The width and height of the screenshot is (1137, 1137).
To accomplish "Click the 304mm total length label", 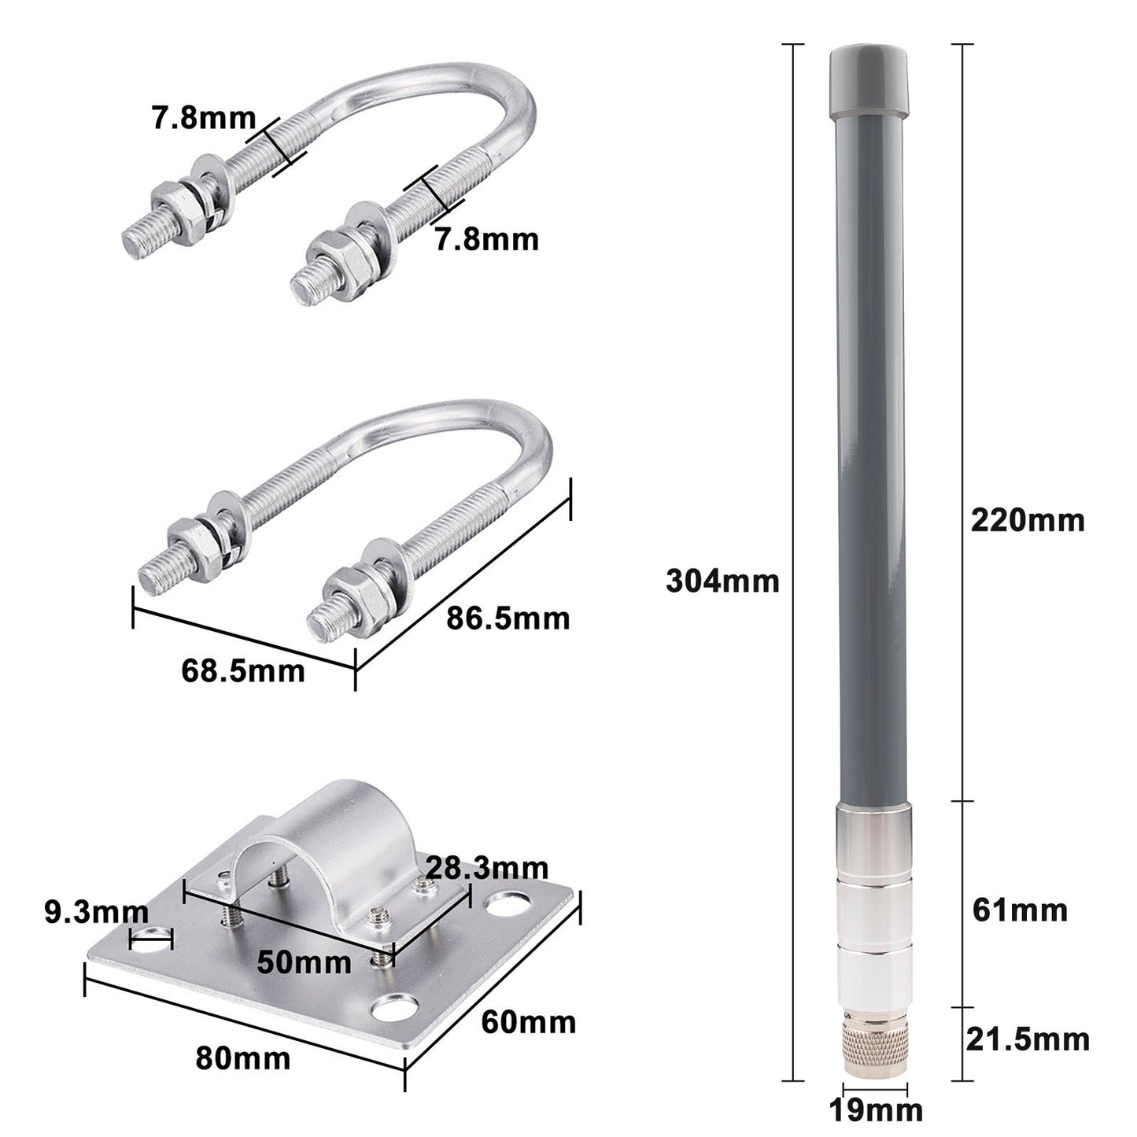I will point(722,581).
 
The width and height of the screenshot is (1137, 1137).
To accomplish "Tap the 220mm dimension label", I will point(1027,521).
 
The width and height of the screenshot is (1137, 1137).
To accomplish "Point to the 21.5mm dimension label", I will point(1027,1039).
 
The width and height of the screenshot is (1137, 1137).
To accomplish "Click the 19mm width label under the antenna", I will point(875,1111).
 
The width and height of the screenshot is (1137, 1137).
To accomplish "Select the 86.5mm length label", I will point(508,618).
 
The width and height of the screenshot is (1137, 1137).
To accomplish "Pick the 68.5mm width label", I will point(242,671).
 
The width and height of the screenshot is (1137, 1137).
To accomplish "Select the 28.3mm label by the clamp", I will point(486,868).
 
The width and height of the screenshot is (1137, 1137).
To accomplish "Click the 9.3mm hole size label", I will point(95,913).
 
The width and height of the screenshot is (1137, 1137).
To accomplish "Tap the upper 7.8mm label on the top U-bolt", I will point(203,119).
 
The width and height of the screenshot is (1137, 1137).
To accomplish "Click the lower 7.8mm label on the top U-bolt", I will point(487,239).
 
